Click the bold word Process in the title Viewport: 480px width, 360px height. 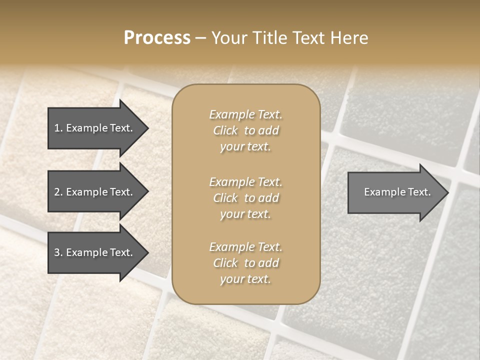157,38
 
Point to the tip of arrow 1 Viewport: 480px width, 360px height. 147,128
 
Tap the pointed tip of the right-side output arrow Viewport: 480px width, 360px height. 447,192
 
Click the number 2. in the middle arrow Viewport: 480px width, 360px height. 58,192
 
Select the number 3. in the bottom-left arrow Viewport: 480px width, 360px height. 58,252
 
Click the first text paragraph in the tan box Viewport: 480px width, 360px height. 245,130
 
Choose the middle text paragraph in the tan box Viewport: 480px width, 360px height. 245,198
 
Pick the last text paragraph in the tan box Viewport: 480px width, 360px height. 245,263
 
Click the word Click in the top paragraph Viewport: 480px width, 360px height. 225,131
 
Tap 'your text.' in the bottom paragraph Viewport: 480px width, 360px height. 245,279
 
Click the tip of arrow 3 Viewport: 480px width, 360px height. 147,253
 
